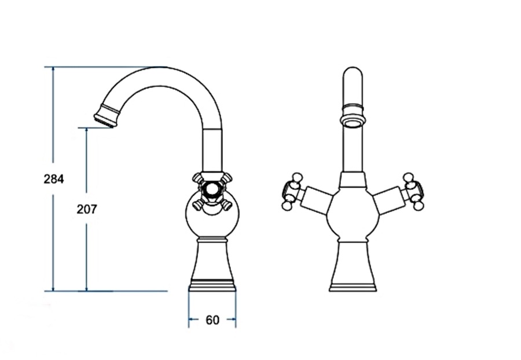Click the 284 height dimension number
click(53, 179)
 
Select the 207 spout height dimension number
click(87, 209)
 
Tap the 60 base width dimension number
click(212, 320)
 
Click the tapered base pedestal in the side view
click(212, 265)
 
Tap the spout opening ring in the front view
click(353, 122)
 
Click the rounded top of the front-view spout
click(353, 71)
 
